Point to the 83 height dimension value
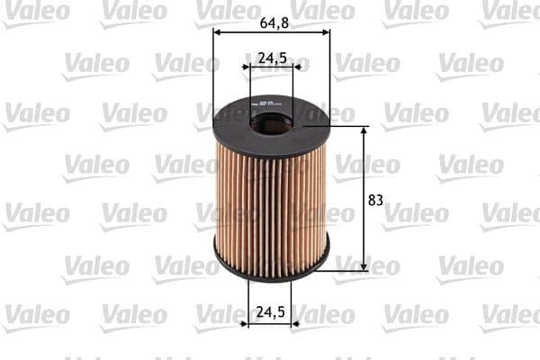tap(375, 200)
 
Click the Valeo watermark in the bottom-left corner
tap(35, 315)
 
